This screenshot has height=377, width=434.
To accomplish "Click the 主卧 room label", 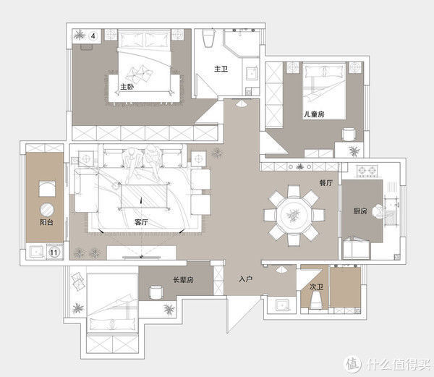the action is (127, 87).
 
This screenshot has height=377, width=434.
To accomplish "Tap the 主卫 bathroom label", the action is (221, 69).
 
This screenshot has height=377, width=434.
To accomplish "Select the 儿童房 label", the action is (314, 114).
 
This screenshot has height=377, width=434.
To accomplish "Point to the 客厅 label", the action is (141, 222).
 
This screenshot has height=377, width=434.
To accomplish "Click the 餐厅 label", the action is (325, 183).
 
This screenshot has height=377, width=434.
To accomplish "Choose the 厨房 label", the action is (359, 211).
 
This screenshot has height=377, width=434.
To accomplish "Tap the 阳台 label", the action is (46, 222).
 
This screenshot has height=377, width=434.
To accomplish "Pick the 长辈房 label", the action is (183, 280).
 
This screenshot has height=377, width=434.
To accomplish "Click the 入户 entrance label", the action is (245, 279).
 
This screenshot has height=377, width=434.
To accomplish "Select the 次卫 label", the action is (316, 287).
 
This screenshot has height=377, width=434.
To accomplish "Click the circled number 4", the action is (93, 36).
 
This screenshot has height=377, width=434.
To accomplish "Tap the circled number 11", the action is (54, 252).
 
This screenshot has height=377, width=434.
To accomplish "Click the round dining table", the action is (294, 215).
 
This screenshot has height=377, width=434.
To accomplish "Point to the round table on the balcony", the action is (47, 210).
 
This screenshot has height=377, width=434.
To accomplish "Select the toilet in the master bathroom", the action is (209, 38).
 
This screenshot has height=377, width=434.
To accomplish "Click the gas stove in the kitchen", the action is (367, 171).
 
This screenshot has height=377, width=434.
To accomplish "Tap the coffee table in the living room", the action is (144, 196).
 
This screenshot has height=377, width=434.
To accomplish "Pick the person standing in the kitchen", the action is (378, 211).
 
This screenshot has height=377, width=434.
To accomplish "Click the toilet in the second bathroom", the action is (316, 300).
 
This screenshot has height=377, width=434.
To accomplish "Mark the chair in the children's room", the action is (349, 135).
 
